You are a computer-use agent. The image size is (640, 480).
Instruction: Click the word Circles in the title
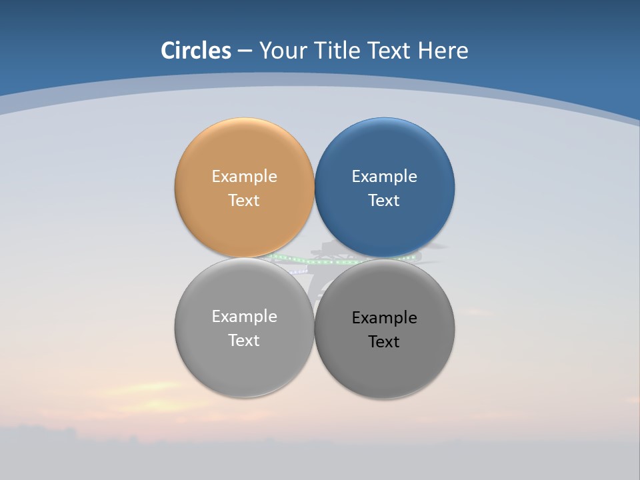[x=195, y=51]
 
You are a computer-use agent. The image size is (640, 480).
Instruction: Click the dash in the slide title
[x=244, y=51]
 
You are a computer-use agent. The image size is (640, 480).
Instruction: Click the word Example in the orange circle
[x=244, y=176]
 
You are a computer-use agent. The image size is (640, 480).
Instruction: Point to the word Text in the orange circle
[x=244, y=200]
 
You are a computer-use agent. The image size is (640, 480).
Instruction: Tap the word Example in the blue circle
[x=384, y=176]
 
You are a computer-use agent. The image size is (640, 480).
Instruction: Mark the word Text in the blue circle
[x=384, y=200]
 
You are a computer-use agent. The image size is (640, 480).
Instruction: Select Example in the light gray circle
[x=244, y=316]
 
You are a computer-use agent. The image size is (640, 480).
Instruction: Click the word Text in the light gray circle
[x=244, y=340]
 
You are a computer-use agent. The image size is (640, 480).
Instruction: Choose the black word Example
[x=384, y=317]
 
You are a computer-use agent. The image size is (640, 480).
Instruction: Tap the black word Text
[x=384, y=341]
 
